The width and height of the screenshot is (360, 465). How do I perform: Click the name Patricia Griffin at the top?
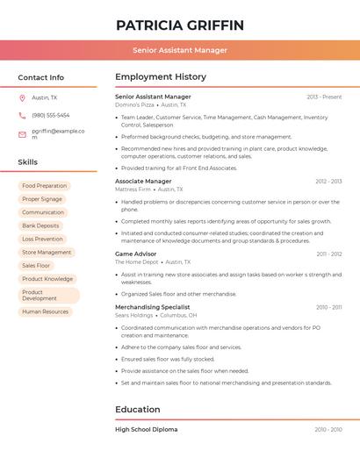[180, 25]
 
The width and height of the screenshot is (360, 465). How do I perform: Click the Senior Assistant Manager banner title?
[180, 50]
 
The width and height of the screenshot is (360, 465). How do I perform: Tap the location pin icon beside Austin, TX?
[22, 98]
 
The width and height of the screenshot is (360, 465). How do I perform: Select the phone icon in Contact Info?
[22, 116]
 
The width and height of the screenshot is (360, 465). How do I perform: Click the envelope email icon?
[22, 134]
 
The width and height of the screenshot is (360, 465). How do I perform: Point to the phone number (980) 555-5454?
[51, 115]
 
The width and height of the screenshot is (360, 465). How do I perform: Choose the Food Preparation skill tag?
[44, 186]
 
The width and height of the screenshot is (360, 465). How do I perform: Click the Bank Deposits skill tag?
[41, 225]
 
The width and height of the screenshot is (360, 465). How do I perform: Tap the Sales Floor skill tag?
[36, 265]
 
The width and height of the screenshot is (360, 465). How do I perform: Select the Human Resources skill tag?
[45, 311]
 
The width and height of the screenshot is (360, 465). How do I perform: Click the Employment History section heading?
[161, 77]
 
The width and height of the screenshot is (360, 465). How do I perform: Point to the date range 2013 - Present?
[324, 97]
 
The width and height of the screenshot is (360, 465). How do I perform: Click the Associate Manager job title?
[143, 182]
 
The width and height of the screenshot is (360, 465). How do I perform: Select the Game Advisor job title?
[135, 254]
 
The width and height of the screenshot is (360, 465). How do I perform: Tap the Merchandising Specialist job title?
[152, 307]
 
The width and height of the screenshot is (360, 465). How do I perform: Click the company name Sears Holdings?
[133, 315]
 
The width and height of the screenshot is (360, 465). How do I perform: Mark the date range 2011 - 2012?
[329, 254]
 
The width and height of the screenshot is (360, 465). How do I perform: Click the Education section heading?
[138, 410]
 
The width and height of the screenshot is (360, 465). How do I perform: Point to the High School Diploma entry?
[146, 430]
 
